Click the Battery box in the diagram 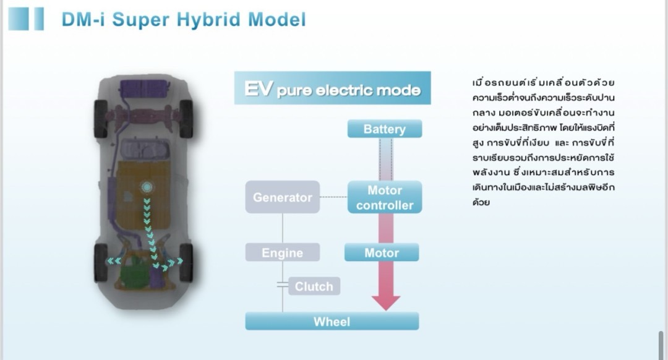(x=385, y=129)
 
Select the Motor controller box (x=385, y=197)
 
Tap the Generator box (x=283, y=197)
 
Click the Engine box (x=283, y=252)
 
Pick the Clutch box (x=314, y=286)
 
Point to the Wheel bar (x=332, y=321)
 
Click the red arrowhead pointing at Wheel (x=386, y=303)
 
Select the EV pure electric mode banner (x=332, y=88)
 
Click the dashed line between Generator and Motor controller (x=333, y=197)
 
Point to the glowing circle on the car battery (x=147, y=187)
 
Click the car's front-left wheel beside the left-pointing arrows (x=101, y=263)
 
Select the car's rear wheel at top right (x=186, y=118)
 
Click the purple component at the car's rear (x=143, y=88)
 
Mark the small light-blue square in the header (x=39, y=19)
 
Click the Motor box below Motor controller (x=382, y=252)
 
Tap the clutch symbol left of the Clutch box (x=283, y=285)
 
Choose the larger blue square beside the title (x=19, y=19)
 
